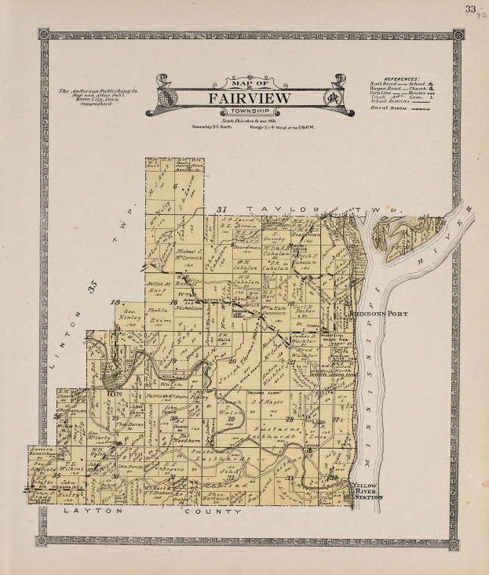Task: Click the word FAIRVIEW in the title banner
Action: [249, 98]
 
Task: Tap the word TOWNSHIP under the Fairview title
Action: [249, 111]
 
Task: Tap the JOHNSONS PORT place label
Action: [369, 314]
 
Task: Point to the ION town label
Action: [115, 391]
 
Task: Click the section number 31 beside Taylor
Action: [222, 209]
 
